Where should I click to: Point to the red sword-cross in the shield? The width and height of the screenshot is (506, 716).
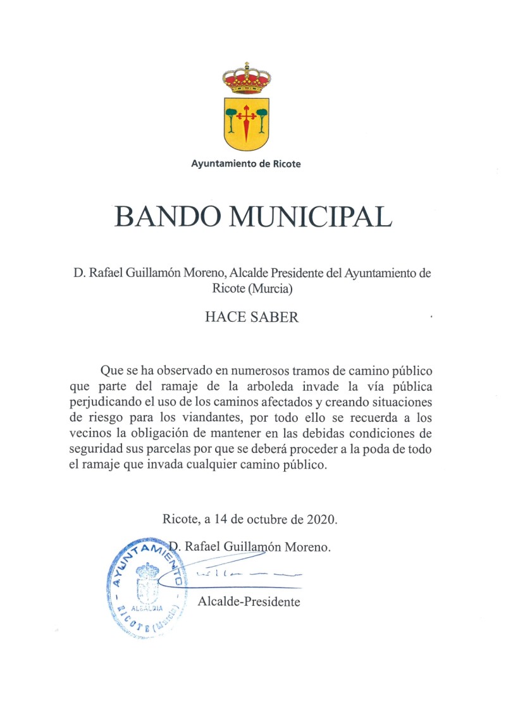(247, 121)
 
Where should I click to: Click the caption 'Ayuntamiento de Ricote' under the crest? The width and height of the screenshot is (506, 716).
(246, 164)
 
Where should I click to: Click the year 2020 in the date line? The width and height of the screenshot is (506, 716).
(322, 520)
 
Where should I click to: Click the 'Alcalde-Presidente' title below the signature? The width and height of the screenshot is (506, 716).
(249, 602)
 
